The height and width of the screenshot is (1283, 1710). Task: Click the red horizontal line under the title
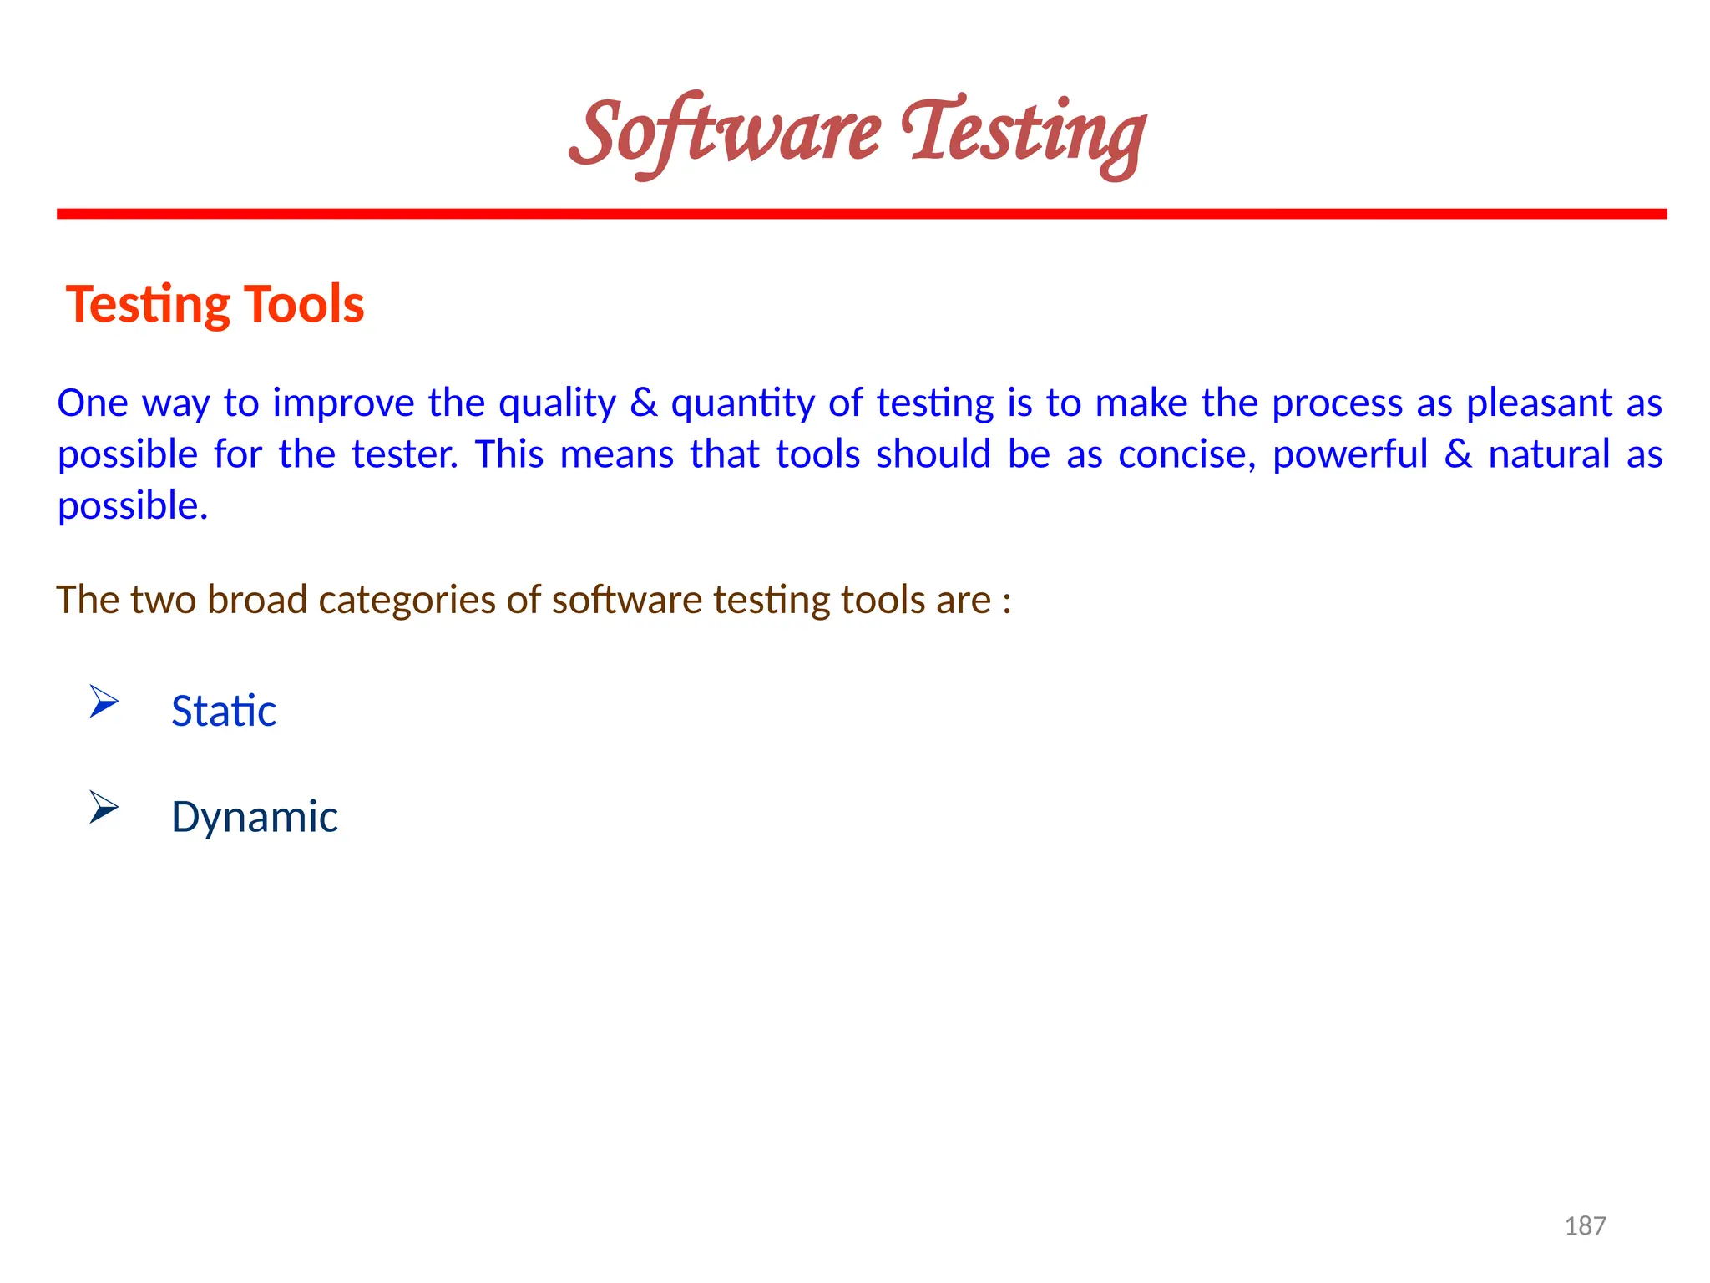(x=862, y=214)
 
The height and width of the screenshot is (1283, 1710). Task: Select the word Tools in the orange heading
(x=304, y=303)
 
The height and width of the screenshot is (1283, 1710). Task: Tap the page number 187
(x=1585, y=1225)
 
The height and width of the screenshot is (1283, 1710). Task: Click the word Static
(x=223, y=711)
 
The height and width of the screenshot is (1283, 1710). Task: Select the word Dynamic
(x=254, y=816)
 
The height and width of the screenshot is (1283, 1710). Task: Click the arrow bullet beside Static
(x=104, y=701)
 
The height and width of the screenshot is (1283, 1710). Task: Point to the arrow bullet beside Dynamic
(x=104, y=807)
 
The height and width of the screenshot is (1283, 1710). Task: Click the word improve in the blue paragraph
(x=343, y=403)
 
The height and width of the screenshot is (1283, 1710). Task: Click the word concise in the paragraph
(x=1186, y=455)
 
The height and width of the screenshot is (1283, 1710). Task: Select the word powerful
(x=1350, y=455)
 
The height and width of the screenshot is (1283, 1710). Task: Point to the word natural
(x=1549, y=455)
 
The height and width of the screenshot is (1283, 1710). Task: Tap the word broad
(x=257, y=600)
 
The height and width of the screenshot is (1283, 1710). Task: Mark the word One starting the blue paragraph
(x=92, y=403)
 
